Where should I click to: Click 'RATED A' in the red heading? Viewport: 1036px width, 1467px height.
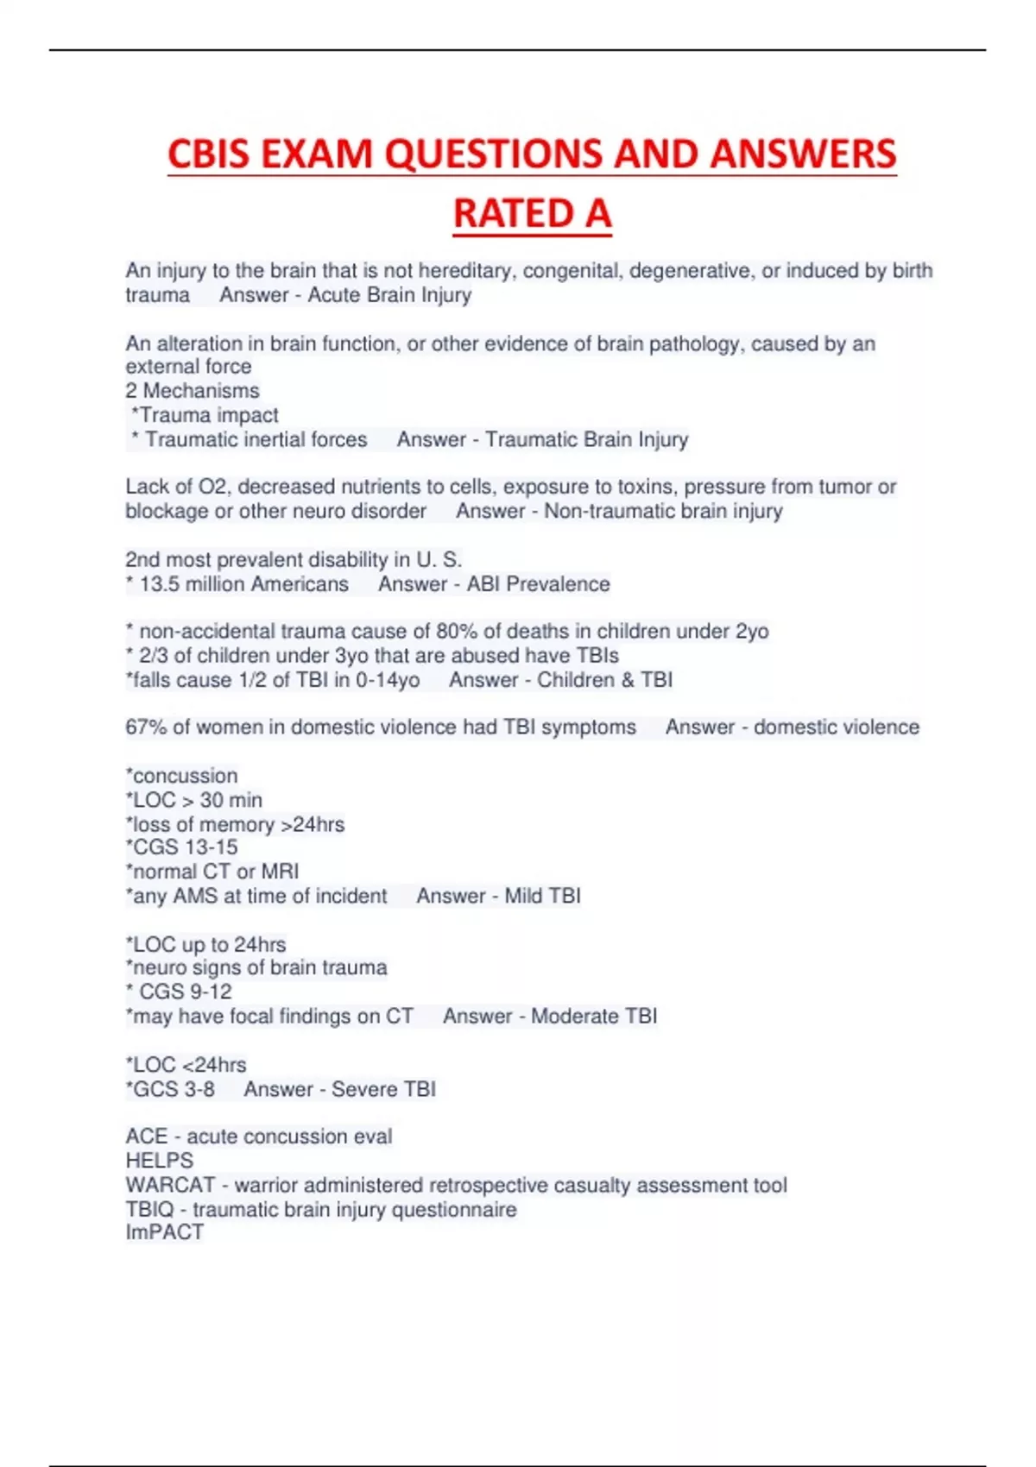(x=532, y=214)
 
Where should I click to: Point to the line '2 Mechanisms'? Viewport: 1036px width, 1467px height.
(x=192, y=391)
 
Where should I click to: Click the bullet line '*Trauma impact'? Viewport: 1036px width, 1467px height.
(x=205, y=415)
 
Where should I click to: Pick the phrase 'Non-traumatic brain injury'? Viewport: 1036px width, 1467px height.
(x=663, y=511)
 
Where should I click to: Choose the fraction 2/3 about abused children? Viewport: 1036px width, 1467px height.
(x=153, y=656)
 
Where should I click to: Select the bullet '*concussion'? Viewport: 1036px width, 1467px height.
(x=181, y=776)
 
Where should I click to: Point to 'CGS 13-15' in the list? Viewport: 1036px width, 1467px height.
(x=185, y=847)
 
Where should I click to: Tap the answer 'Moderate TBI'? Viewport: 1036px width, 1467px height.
(x=594, y=1017)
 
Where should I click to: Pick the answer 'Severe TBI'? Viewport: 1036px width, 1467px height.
(x=383, y=1089)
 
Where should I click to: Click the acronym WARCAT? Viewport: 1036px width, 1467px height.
(x=169, y=1186)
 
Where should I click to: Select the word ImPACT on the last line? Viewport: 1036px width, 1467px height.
(x=164, y=1232)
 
